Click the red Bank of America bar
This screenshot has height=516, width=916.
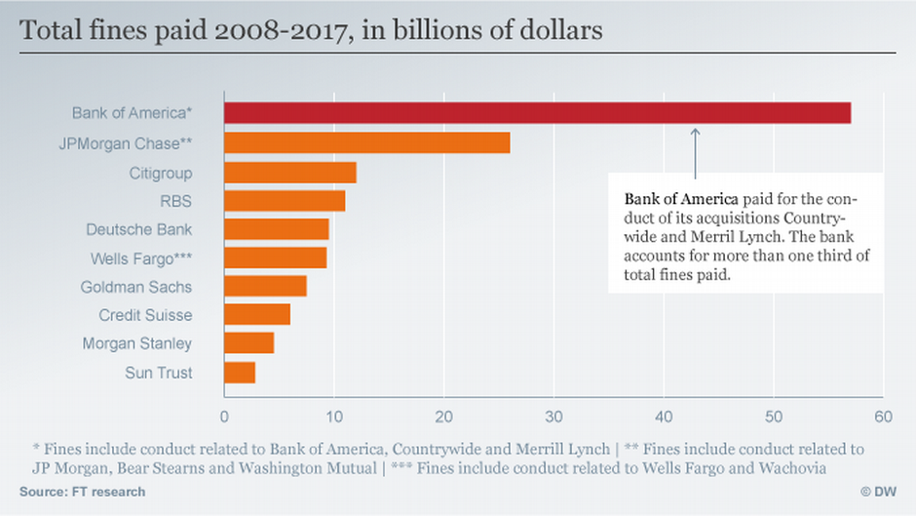pyautogui.click(x=538, y=112)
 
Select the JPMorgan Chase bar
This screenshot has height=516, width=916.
pyautogui.click(x=366, y=142)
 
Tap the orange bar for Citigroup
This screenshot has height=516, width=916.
pyautogui.click(x=290, y=173)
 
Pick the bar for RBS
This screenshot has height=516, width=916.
pyautogui.click(x=285, y=201)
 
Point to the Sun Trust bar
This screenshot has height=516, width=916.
pyautogui.click(x=240, y=373)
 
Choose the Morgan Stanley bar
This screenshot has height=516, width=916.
pyautogui.click(x=248, y=342)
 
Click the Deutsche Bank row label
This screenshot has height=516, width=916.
pyautogui.click(x=139, y=229)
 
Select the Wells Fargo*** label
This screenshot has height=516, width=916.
pyautogui.click(x=141, y=258)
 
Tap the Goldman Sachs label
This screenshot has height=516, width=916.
pyautogui.click(x=136, y=287)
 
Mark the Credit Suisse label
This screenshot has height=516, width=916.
pyautogui.click(x=145, y=315)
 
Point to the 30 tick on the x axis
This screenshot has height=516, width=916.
pyautogui.click(x=553, y=417)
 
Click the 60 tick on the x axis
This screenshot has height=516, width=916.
pyautogui.click(x=883, y=417)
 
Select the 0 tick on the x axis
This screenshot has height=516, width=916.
pyautogui.click(x=224, y=417)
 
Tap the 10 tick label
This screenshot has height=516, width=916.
pyautogui.click(x=334, y=417)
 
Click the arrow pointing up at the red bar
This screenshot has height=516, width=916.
pyautogui.click(x=695, y=153)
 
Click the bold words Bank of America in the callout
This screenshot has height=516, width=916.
pyautogui.click(x=681, y=199)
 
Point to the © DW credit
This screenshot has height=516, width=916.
pyautogui.click(x=879, y=492)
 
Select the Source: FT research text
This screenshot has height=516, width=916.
pyautogui.click(x=83, y=492)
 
